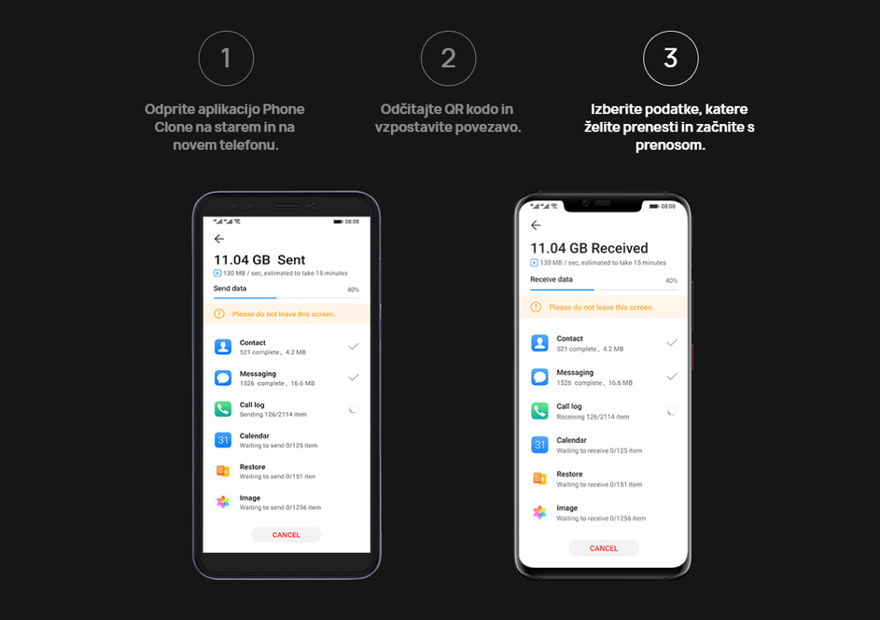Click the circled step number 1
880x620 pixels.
click(225, 59)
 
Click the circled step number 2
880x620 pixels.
click(448, 59)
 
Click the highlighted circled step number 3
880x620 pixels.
click(670, 59)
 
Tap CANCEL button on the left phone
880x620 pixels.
click(286, 535)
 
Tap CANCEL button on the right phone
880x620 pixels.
click(604, 548)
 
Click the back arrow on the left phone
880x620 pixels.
click(219, 239)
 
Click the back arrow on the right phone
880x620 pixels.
click(536, 226)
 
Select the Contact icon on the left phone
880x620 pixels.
click(223, 347)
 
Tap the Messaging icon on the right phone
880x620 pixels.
click(539, 377)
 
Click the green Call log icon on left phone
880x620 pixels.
click(223, 409)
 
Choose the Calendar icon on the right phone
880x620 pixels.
click(539, 445)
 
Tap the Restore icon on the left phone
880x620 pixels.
click(223, 471)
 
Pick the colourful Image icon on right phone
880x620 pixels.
click(539, 513)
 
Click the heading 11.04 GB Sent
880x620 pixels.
click(259, 260)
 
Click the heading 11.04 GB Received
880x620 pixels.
click(589, 248)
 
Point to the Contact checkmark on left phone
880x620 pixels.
click(353, 346)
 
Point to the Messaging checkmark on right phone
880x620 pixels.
click(671, 377)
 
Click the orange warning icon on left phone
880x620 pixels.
click(219, 314)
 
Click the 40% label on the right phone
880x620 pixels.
click(670, 281)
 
